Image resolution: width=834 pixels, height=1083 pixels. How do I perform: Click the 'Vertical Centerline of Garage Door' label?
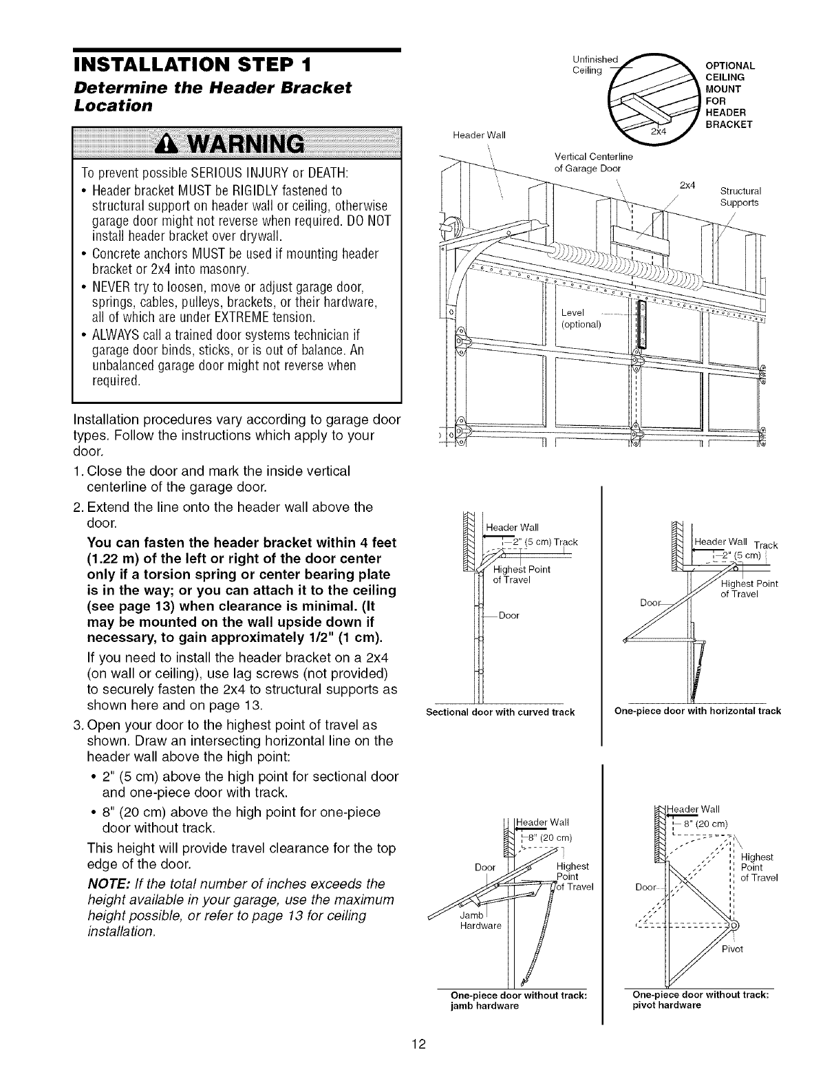[x=588, y=163]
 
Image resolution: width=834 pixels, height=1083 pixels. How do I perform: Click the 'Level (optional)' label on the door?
[x=581, y=319]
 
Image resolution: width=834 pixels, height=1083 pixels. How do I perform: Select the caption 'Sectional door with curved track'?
[x=500, y=711]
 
